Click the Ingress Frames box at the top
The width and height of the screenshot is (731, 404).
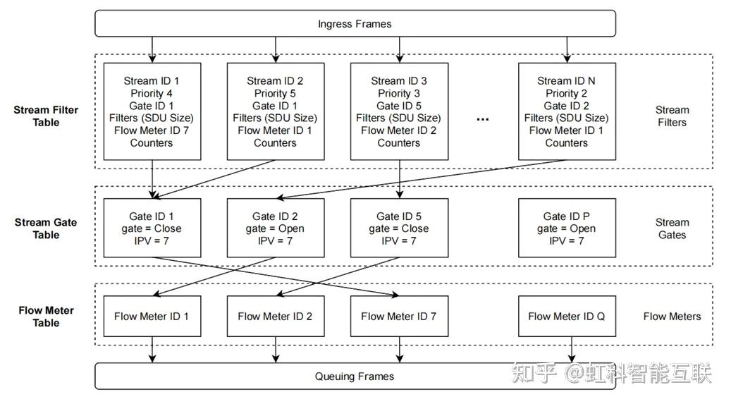pos(355,23)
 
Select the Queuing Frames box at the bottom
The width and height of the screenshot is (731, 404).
pos(355,376)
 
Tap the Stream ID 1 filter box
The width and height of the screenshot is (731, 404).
pos(152,111)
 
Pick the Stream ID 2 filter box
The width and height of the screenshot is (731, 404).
pos(275,111)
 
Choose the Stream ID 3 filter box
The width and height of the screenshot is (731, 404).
pos(399,111)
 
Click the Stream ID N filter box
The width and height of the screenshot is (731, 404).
pos(566,111)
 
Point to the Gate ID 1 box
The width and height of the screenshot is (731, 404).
pos(152,228)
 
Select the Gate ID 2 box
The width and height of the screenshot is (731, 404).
pos(275,228)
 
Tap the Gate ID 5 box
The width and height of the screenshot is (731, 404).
pos(399,228)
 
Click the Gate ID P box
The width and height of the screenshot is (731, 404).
pos(566,228)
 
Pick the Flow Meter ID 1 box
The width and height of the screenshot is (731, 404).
pos(152,317)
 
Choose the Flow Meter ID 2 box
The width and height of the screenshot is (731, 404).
pos(275,317)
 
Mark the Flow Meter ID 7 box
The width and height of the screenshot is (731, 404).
pos(399,317)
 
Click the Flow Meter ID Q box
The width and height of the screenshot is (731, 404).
pos(566,317)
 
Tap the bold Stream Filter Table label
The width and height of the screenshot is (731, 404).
pos(46,116)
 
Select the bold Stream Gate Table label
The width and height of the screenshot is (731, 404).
pos(46,228)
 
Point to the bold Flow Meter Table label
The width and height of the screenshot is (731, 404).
pos(46,317)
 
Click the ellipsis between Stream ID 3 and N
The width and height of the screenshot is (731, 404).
pos(482,118)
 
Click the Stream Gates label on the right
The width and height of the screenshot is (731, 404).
pos(672,228)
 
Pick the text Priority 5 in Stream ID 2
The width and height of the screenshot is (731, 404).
pos(275,93)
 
